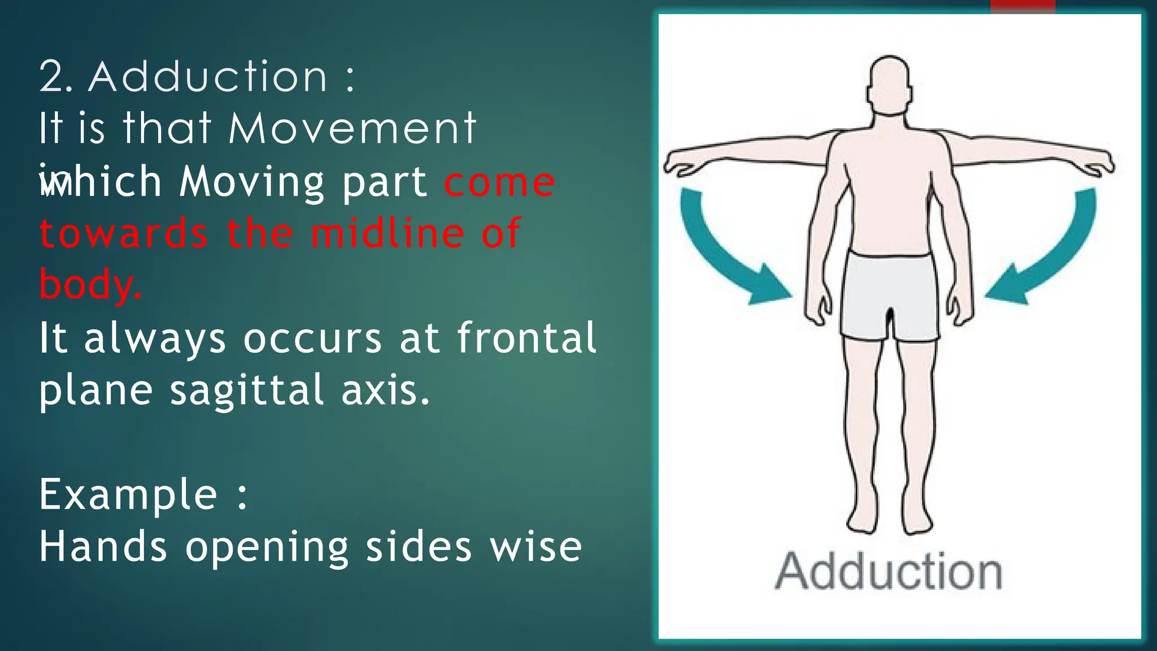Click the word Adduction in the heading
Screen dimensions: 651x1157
(x=208, y=77)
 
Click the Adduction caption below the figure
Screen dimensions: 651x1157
(x=889, y=572)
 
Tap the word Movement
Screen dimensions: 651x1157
(x=353, y=128)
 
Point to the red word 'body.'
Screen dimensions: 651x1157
(x=90, y=284)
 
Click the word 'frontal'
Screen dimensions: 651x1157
(x=527, y=337)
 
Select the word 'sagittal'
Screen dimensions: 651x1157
(x=247, y=390)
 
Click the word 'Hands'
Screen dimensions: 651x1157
(x=103, y=547)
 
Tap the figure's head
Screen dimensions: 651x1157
(x=889, y=85)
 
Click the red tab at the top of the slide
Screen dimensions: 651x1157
(x=1023, y=6)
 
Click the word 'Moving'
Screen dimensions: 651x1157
(x=251, y=183)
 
